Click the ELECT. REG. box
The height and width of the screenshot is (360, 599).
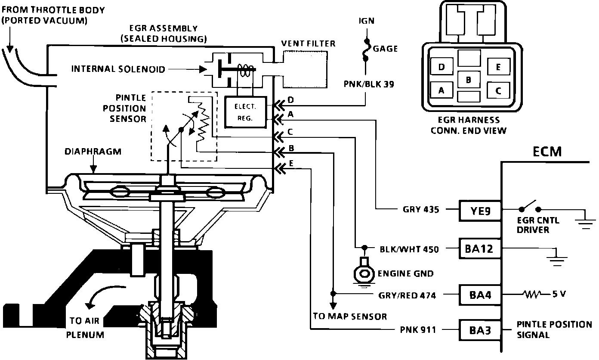245,112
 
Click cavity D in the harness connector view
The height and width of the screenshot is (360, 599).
441,67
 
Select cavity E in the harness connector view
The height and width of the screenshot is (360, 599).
498,67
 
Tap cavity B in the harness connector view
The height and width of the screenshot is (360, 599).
469,80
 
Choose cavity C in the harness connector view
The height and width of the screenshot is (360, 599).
498,90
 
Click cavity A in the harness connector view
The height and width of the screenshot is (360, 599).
441,91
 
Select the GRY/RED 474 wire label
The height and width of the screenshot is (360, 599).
407,295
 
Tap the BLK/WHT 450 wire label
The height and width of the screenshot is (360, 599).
409,249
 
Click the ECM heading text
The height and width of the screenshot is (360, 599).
547,152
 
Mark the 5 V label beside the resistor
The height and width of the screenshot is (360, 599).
558,295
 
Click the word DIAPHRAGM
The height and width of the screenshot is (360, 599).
93,152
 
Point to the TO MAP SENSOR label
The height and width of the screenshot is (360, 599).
349,317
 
